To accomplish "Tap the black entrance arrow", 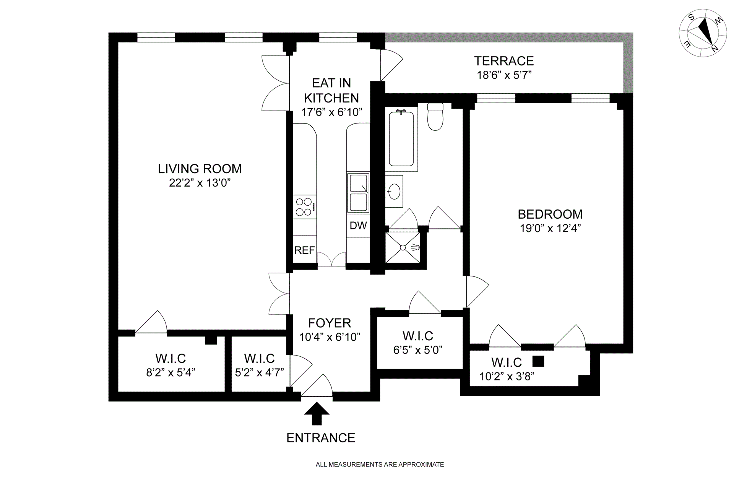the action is pos(317,414).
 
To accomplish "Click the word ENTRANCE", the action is pos(321,438).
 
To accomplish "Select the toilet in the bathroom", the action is pos(435,117).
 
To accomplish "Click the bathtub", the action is pos(401,138).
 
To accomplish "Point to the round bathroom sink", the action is pos(394,191).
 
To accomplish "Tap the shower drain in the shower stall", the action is pos(403,248).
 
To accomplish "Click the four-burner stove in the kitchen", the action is pos(305,207).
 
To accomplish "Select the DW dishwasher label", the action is pos(358,226).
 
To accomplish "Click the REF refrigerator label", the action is pos(305,250).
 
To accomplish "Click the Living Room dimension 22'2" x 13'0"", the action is pos(200,183).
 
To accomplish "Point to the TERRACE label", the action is pos(504,61).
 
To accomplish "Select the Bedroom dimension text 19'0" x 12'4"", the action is pos(550,228).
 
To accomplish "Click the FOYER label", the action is pos(330,323).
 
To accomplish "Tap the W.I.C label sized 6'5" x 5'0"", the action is pos(418,336).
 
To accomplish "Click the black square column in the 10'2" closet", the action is pos(538,361).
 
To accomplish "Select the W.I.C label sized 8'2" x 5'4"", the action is pos(171,359).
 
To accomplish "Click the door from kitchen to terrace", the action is pos(392,65).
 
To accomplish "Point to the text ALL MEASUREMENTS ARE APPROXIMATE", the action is pos(380,465).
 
